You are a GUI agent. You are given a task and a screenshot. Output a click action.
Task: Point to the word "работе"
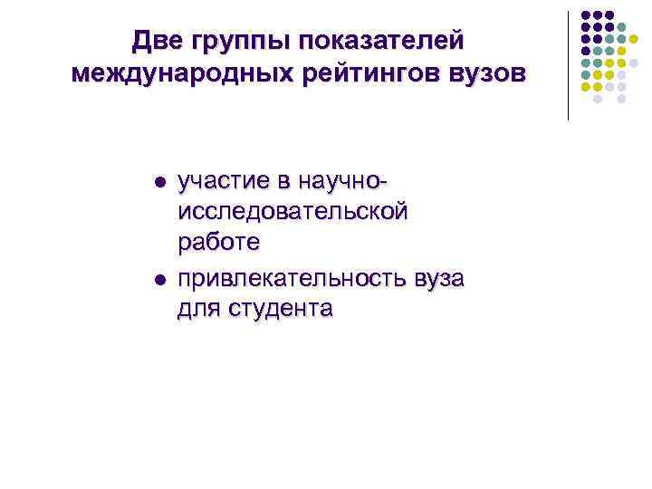point(219,243)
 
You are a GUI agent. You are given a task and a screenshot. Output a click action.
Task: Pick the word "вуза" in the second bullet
point(438,277)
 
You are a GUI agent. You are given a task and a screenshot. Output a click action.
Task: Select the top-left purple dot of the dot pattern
point(585,15)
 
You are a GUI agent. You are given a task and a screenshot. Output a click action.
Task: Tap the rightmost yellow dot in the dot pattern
point(634,39)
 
